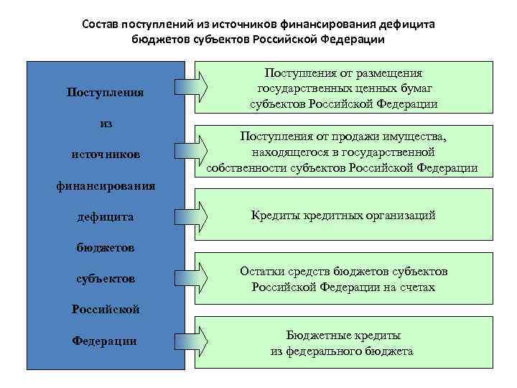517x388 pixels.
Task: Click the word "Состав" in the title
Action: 101,24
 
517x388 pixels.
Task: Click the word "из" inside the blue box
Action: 106,123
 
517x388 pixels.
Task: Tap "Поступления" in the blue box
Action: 106,92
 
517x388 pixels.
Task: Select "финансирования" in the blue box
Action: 106,186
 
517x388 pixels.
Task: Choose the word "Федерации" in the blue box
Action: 105,341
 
